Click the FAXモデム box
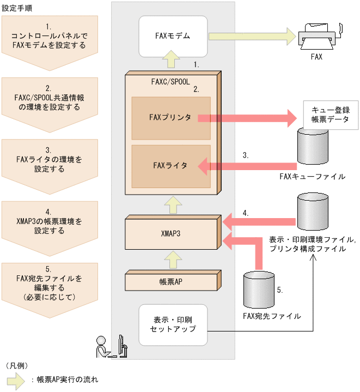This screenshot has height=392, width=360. (x=173, y=37)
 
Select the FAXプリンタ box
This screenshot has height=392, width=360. (x=170, y=118)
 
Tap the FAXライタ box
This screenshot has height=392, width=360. (x=170, y=165)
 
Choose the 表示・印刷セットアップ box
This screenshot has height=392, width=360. (x=173, y=324)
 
